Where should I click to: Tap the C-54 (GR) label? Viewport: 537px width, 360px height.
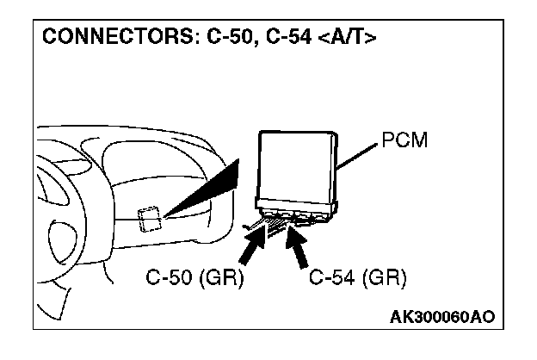(x=358, y=280)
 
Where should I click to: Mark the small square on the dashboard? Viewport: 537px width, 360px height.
(x=149, y=218)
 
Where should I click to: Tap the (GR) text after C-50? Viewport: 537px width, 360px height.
(x=225, y=280)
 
